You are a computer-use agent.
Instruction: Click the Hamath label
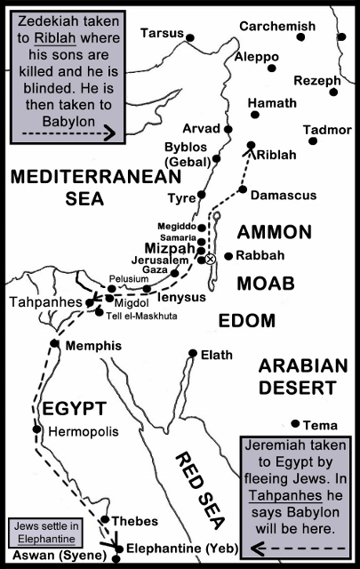click(x=272, y=103)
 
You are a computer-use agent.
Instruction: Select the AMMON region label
click(x=274, y=233)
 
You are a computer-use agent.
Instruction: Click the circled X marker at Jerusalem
click(x=211, y=259)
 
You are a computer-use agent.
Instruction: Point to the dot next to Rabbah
click(x=228, y=256)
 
